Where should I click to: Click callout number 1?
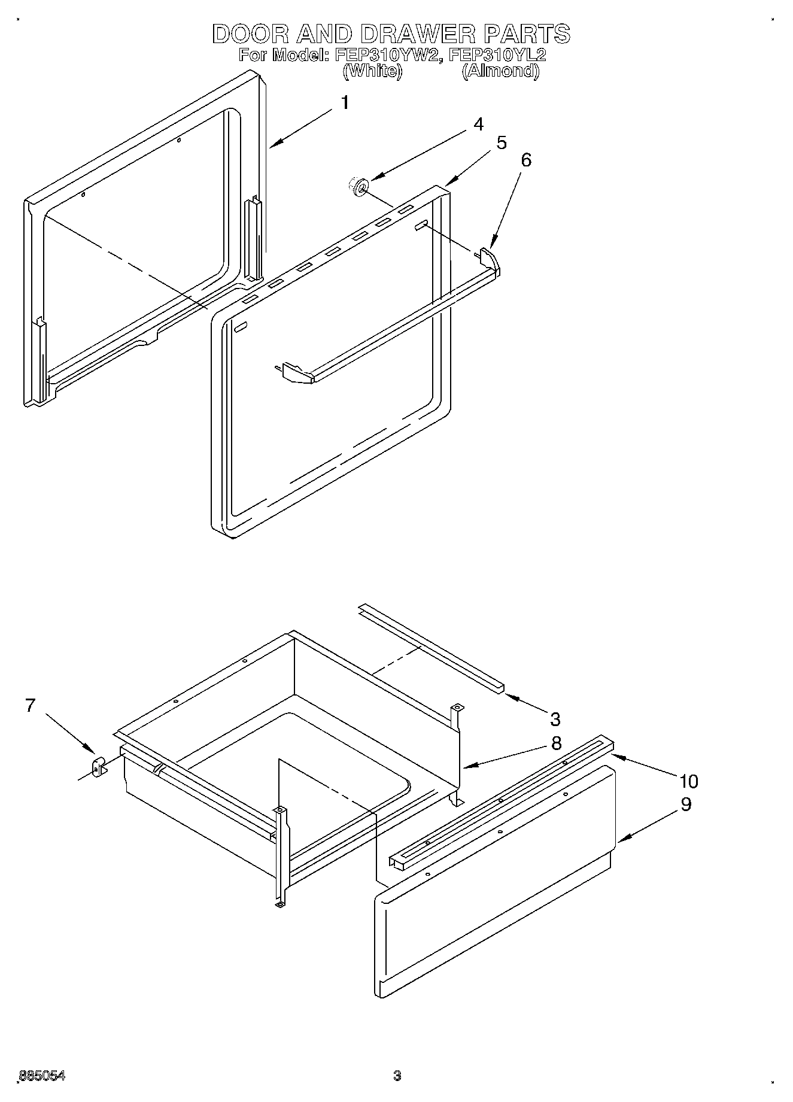coord(345,102)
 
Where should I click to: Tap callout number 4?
coord(478,124)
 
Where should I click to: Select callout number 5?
coord(501,142)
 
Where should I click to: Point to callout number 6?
coord(525,160)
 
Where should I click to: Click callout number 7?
coord(31,706)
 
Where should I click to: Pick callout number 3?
coord(555,719)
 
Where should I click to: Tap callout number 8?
coord(556,743)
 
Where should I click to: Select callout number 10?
coord(688,781)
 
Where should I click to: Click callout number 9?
coord(686,805)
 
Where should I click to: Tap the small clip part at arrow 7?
coord(98,766)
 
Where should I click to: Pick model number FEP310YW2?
coord(389,55)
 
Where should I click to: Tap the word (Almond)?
coord(500,71)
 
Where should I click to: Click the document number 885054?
coord(42,1076)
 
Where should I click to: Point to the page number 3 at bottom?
coord(396,1076)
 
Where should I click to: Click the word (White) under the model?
coord(372,71)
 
